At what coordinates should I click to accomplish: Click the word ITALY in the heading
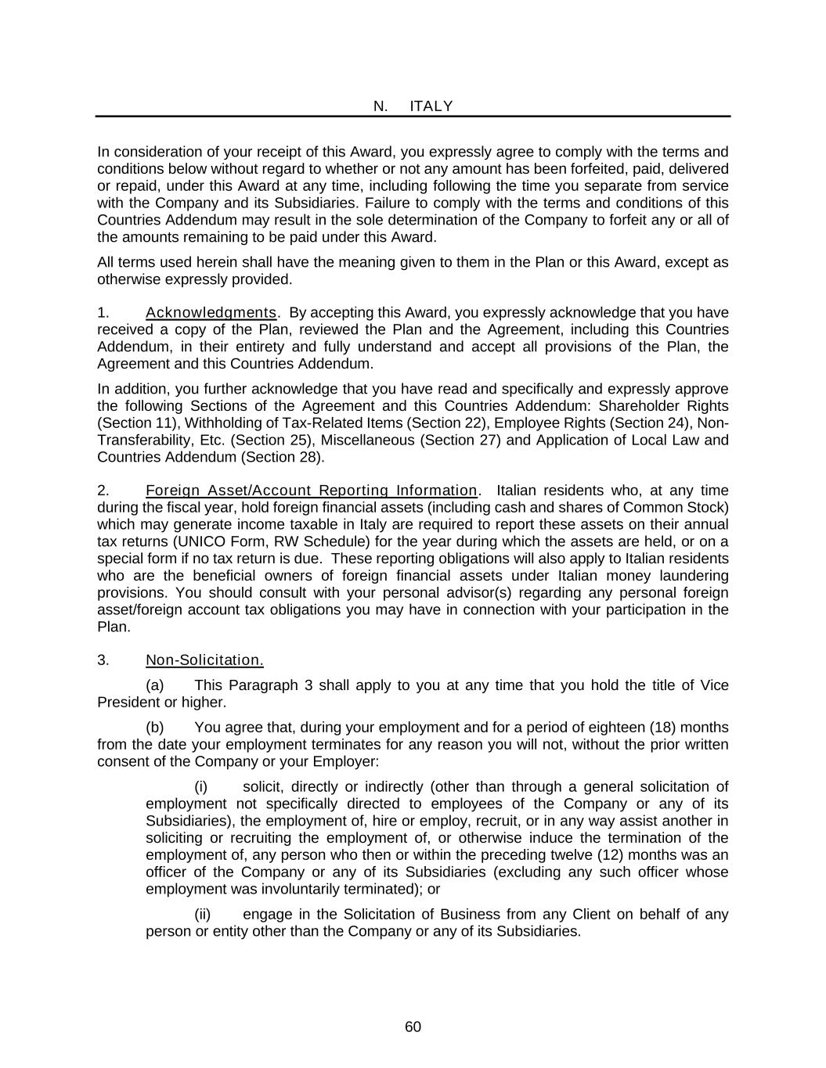(x=431, y=106)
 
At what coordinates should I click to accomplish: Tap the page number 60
(x=413, y=1027)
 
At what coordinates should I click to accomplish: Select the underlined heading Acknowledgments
(x=211, y=313)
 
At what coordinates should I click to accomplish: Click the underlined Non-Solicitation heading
(x=204, y=660)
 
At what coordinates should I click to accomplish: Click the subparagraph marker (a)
(x=155, y=685)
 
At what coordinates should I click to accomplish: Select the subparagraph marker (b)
(x=155, y=728)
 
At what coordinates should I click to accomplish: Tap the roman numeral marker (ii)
(x=203, y=915)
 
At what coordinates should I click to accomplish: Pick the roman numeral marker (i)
(x=201, y=787)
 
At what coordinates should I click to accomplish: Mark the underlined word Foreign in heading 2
(x=172, y=491)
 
